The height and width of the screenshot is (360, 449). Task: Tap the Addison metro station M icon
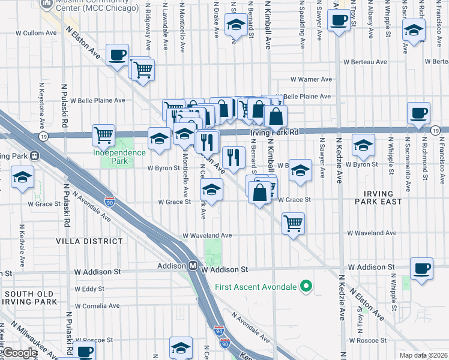pos(194,266)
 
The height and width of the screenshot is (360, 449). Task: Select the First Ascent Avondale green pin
pos(306,286)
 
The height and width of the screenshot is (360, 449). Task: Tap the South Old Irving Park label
pos(29,298)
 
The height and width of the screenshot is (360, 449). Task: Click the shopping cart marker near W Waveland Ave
pos(293,224)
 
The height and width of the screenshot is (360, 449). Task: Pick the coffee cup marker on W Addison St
pos(421,269)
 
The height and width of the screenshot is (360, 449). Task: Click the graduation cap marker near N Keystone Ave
pos(23,177)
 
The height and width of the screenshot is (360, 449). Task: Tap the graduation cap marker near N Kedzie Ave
pos(363,145)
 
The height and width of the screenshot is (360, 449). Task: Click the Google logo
pos(20,353)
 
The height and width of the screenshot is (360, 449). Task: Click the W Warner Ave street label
pos(311,79)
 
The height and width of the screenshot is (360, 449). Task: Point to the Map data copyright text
pos(423,355)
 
